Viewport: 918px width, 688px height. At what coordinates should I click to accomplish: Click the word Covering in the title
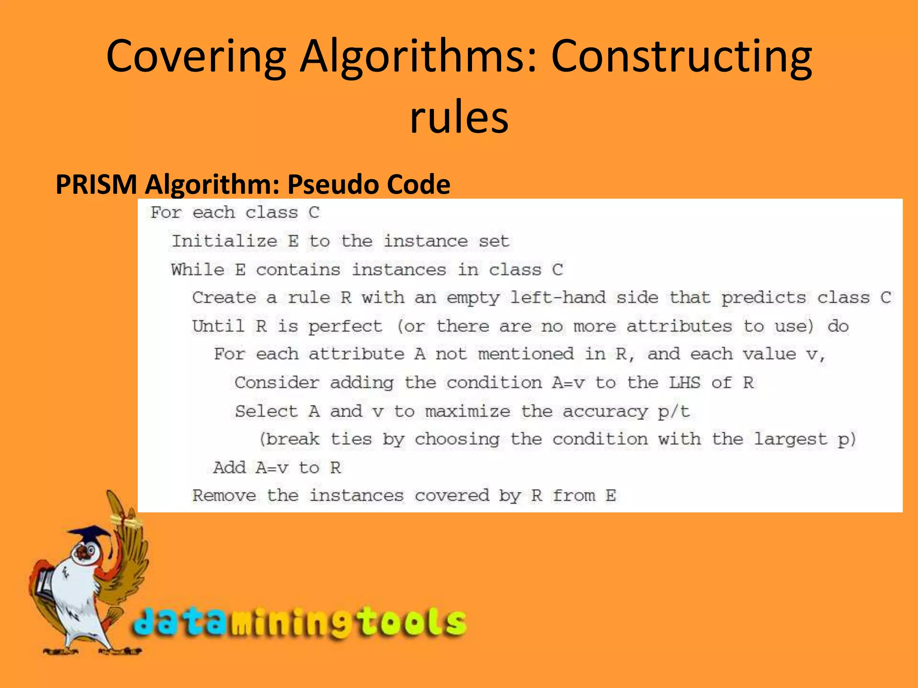(x=196, y=57)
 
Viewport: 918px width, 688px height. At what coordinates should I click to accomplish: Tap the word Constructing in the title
(x=681, y=57)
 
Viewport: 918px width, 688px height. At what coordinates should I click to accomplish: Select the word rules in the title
(x=459, y=117)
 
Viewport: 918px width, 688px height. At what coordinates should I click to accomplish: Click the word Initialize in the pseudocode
(x=225, y=241)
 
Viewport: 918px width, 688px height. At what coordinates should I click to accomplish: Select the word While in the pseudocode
(x=198, y=270)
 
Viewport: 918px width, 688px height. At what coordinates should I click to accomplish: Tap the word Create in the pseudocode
(x=224, y=298)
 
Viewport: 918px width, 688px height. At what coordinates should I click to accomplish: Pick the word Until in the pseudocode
(x=218, y=326)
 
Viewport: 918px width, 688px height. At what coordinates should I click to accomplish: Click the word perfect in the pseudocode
(x=345, y=326)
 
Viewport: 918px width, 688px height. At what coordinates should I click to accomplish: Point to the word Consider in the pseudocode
(x=277, y=383)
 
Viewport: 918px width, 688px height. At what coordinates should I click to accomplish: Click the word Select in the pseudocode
(x=266, y=411)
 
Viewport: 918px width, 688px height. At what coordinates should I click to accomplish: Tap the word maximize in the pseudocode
(x=468, y=411)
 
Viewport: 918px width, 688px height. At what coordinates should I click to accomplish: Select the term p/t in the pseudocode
(x=674, y=411)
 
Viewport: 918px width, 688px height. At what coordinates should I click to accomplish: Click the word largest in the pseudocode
(x=790, y=439)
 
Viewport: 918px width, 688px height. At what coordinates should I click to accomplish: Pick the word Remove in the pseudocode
(x=224, y=495)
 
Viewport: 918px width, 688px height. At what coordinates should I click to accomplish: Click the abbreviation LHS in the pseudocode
(x=684, y=383)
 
